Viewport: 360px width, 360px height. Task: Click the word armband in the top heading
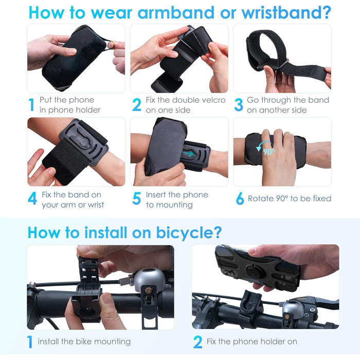[x=176, y=12]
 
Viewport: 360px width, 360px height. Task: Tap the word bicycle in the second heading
[x=189, y=233]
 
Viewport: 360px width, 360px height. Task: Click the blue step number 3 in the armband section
[x=239, y=105]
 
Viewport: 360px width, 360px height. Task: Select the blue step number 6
[x=240, y=199]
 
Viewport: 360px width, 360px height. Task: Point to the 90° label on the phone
[x=269, y=152]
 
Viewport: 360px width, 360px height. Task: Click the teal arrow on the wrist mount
[x=188, y=153]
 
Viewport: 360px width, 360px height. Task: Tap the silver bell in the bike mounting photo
[x=150, y=280]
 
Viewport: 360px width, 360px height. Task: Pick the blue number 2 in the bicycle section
[x=197, y=342]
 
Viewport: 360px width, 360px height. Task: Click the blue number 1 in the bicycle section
[x=30, y=342]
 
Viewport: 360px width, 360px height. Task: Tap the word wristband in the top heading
[x=286, y=12]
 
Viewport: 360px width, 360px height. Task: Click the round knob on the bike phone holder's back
[x=253, y=271]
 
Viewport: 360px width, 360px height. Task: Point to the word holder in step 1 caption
[x=88, y=110]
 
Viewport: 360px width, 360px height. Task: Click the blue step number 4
[x=32, y=198]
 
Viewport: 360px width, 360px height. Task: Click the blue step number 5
[x=136, y=198]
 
